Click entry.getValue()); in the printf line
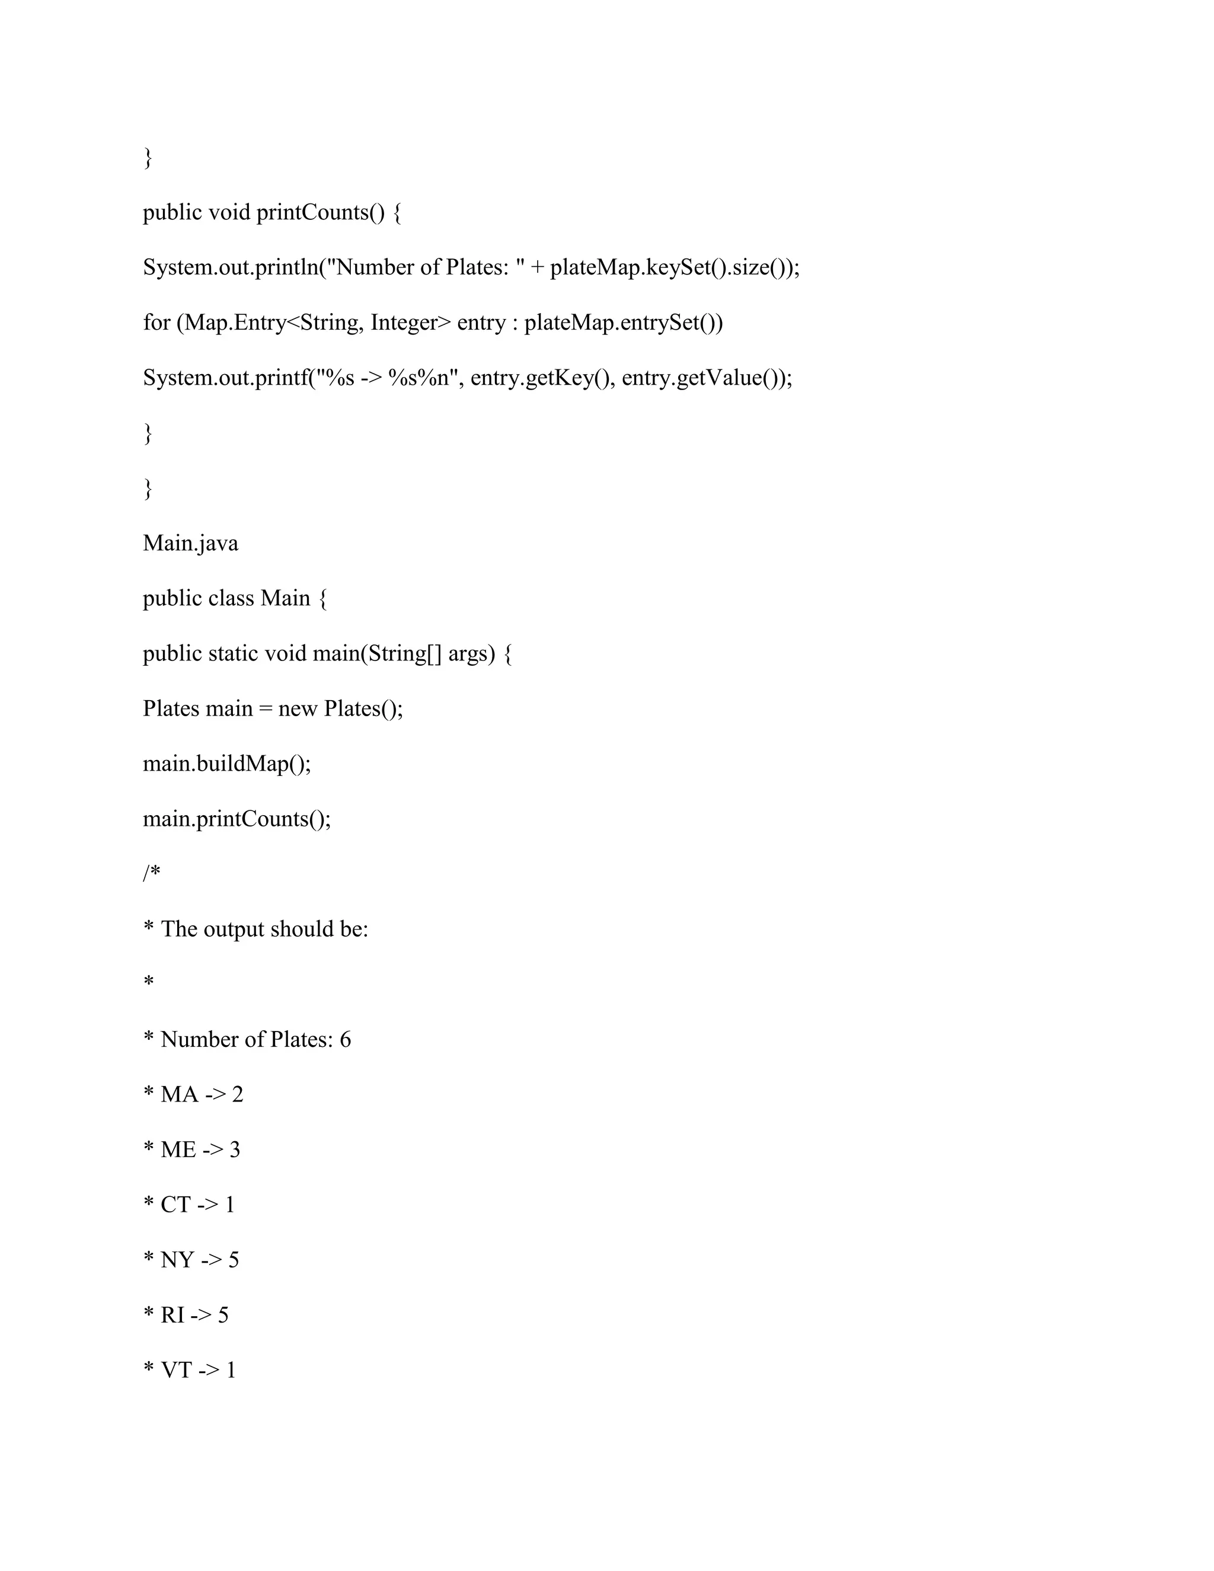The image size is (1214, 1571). (x=706, y=378)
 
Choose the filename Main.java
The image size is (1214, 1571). (x=191, y=543)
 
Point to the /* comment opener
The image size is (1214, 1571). (x=151, y=874)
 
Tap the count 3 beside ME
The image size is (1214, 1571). (x=235, y=1150)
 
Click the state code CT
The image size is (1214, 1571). (x=175, y=1205)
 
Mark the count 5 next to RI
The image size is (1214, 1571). (x=223, y=1315)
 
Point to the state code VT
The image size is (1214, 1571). (x=177, y=1370)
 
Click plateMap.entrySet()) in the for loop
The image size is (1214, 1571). (x=624, y=323)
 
